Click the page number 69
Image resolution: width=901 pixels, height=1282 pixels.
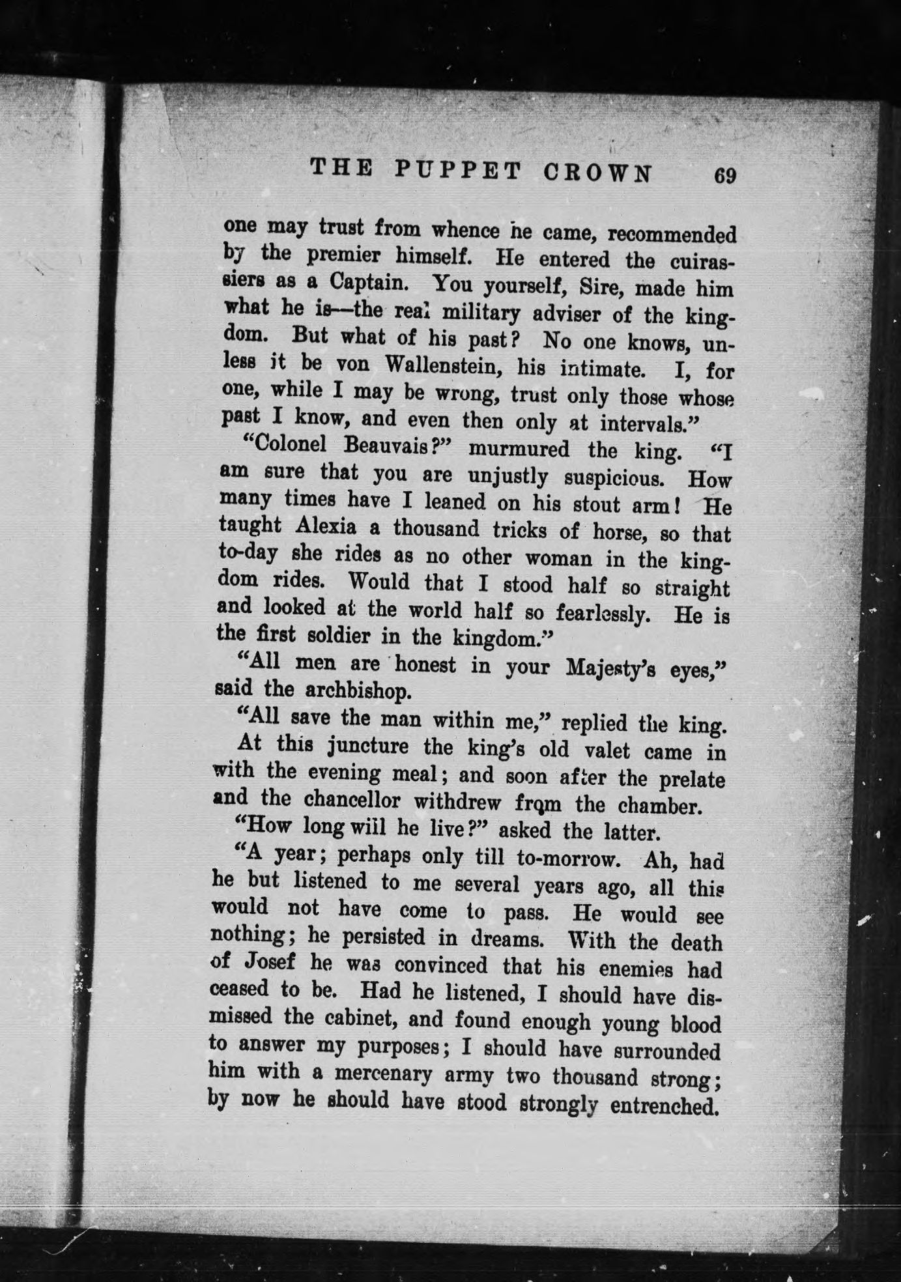724,176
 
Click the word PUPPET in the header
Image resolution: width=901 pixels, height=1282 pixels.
459,171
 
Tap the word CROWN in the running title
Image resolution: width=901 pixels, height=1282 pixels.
597,173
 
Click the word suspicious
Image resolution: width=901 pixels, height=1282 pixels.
612,477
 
